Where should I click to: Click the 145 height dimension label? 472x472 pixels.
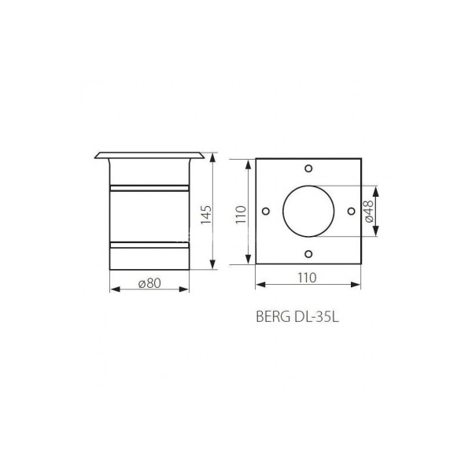coord(206,215)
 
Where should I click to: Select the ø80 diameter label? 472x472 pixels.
coord(149,283)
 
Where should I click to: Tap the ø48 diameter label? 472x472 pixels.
coord(369,211)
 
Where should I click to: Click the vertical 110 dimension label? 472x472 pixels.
coord(242,214)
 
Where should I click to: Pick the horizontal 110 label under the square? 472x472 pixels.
coord(307,278)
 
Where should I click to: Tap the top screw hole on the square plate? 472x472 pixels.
coord(308,168)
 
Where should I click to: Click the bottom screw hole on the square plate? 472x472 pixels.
coord(308,254)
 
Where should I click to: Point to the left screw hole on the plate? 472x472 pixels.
coord(266,212)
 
